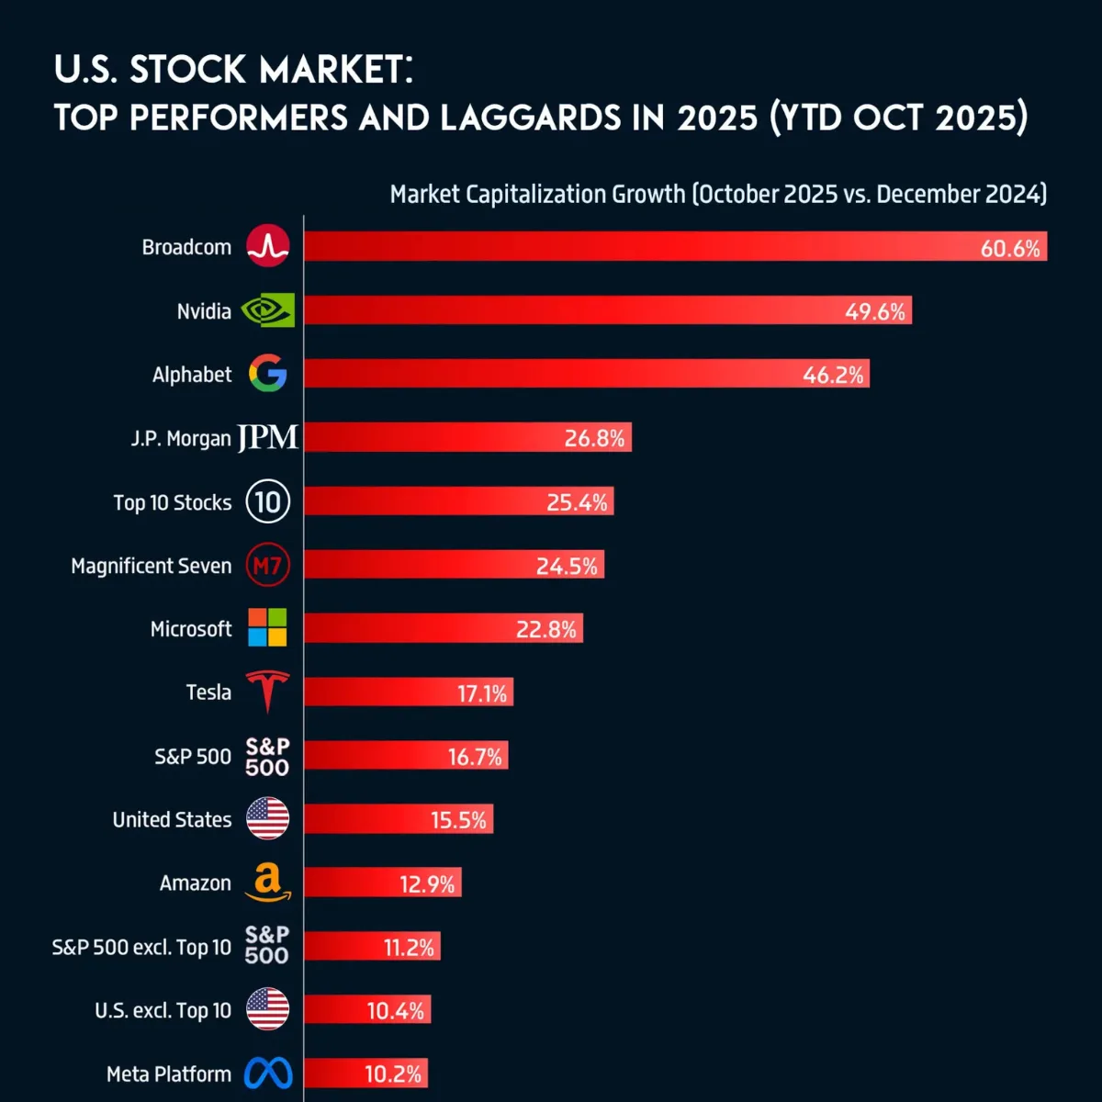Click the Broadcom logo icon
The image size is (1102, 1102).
pos(268,246)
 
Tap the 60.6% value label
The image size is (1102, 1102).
pos(1010,248)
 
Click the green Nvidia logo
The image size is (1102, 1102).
pos(268,310)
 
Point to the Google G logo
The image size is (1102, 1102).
pos(268,374)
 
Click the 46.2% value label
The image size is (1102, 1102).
pos(833,375)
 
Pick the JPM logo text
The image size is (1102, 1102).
pos(268,438)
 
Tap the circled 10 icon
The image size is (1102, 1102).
pos(268,501)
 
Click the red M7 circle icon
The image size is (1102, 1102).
pos(268,566)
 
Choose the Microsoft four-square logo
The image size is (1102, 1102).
pos(268,628)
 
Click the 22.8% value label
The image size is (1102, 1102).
pos(546,630)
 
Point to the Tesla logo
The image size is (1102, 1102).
pos(268,691)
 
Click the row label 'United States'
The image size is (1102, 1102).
pos(172,819)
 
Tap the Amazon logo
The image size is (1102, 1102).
pos(268,883)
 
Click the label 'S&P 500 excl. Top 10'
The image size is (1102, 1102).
pos(141,947)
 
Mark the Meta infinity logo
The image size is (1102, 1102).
pos(268,1074)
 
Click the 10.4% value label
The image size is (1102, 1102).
pos(396,1011)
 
